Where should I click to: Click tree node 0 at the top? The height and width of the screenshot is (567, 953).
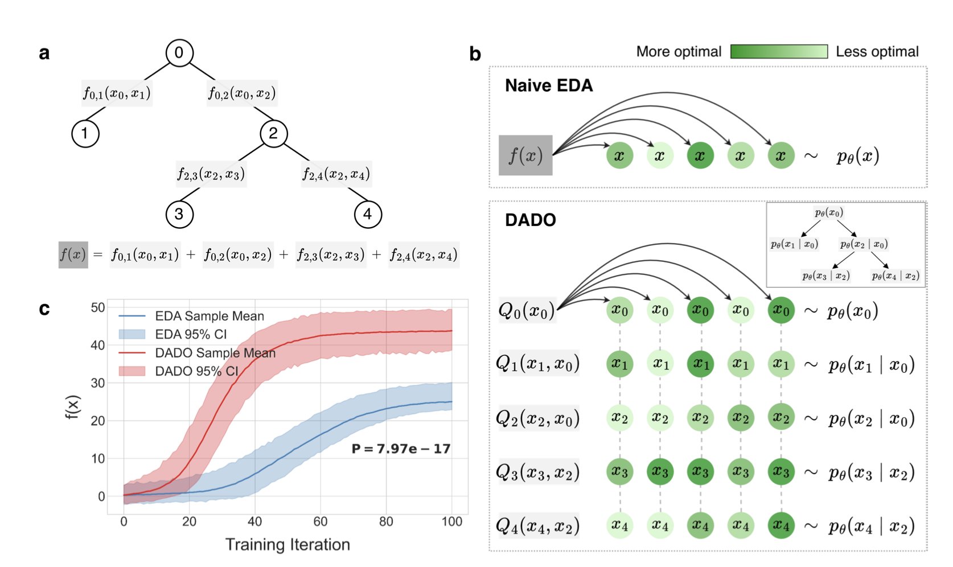coord(179,53)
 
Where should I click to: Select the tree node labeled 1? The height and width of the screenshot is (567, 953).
coord(85,134)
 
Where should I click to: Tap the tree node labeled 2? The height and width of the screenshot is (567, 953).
coord(273,134)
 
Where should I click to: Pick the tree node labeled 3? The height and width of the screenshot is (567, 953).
coord(179,215)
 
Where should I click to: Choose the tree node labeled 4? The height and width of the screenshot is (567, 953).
coord(368,215)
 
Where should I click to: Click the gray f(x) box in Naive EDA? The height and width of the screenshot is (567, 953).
coord(525,155)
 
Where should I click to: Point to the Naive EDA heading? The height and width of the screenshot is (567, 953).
coord(549,85)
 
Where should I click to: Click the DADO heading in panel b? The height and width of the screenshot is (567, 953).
coord(530,220)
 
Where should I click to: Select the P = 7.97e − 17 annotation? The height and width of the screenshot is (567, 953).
coord(401,449)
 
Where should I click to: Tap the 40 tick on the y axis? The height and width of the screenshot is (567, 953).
coord(98,345)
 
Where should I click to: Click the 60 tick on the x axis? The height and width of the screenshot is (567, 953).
coord(321,521)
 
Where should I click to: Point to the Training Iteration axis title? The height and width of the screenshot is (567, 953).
coord(287,545)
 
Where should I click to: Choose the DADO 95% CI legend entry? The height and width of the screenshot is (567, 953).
coord(196,371)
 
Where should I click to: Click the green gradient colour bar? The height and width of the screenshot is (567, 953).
coord(779,51)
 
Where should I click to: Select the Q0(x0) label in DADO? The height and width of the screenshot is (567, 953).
coord(526,311)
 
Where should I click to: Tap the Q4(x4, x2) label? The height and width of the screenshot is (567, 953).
coord(537,525)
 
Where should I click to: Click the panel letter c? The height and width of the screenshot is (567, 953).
coord(44,309)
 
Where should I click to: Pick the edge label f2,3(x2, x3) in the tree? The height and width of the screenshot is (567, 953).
coord(211,174)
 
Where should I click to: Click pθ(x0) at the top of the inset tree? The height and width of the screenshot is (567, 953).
coord(828,213)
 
